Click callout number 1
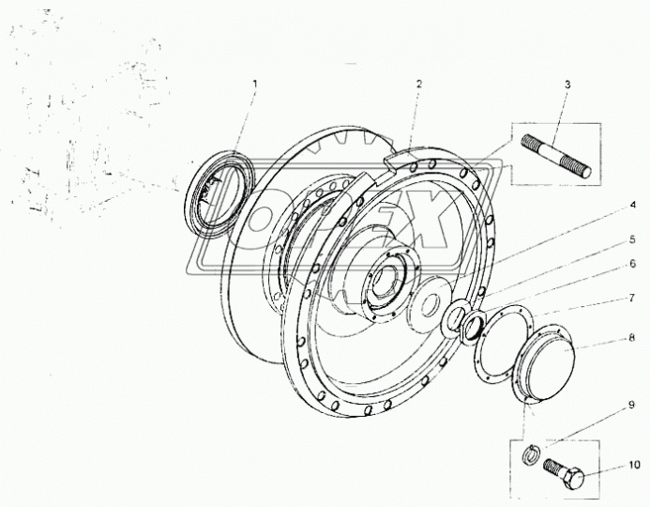point(255,84)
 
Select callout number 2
point(419,84)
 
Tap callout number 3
point(567,84)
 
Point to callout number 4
point(632,205)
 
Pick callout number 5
point(632,239)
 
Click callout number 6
point(632,264)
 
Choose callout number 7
point(632,298)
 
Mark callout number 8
point(632,338)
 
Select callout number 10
point(634,465)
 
